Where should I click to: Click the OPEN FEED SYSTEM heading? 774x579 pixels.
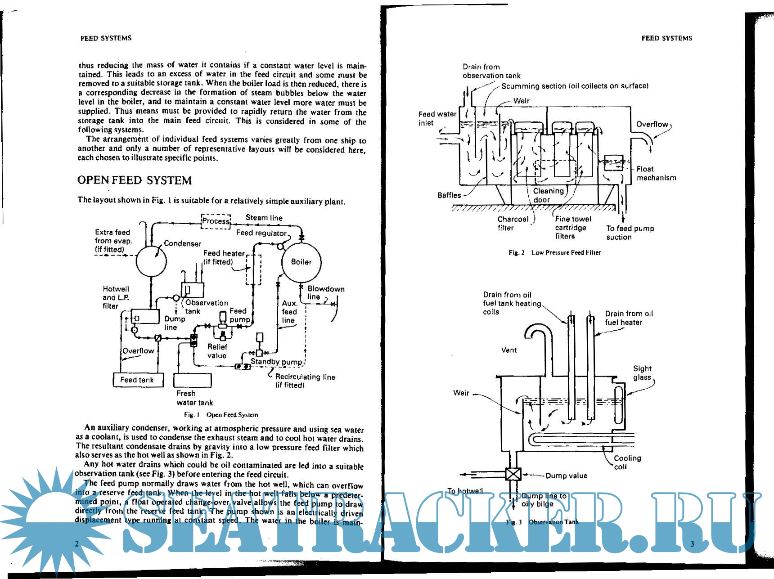click(x=134, y=180)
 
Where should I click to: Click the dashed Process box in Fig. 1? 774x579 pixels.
click(x=216, y=221)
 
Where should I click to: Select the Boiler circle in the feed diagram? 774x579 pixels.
click(x=301, y=262)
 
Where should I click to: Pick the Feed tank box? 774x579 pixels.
click(x=137, y=380)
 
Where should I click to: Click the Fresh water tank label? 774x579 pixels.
click(x=194, y=398)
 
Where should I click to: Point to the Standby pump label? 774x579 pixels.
click(x=276, y=361)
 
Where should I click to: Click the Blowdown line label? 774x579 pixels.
click(x=325, y=292)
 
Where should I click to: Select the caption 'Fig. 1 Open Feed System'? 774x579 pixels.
click(x=221, y=415)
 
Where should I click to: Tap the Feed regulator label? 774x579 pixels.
click(x=261, y=233)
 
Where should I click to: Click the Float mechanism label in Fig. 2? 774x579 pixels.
click(x=656, y=173)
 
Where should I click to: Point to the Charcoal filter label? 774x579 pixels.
click(x=513, y=223)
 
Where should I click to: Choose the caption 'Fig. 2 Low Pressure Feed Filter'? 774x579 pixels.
click(x=554, y=252)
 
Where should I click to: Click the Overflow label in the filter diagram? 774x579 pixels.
click(x=652, y=124)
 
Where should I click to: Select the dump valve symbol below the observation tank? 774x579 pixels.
click(x=513, y=474)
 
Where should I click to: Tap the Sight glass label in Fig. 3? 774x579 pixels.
click(x=642, y=373)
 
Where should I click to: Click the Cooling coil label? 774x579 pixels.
click(x=627, y=462)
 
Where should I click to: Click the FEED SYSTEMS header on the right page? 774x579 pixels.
click(x=666, y=38)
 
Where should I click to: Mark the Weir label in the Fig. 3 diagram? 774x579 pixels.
click(x=461, y=393)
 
